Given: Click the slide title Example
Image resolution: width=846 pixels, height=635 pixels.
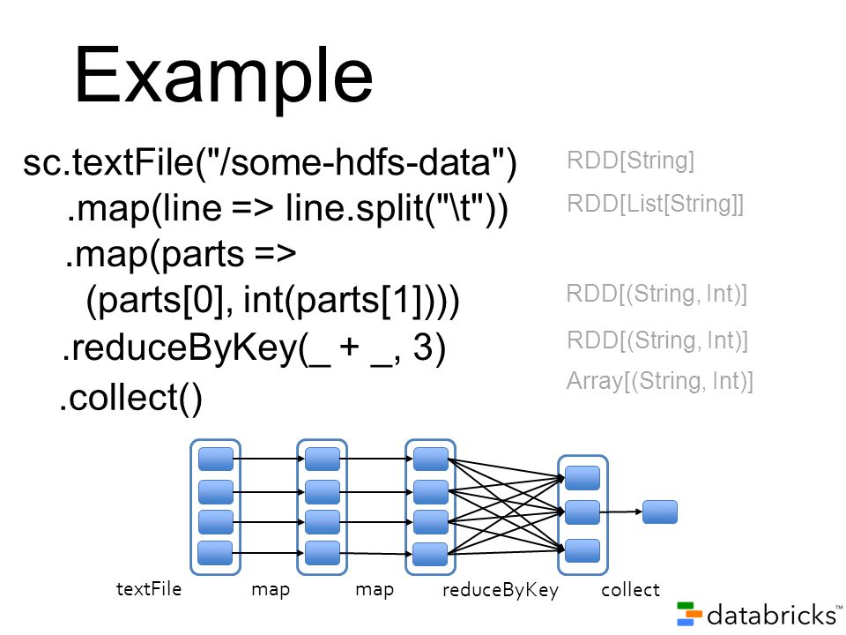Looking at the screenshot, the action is coord(223,77).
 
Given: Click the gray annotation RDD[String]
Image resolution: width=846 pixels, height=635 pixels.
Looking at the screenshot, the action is coord(631,161).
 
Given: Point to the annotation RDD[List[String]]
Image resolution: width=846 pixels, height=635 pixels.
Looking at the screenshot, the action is coord(656,204).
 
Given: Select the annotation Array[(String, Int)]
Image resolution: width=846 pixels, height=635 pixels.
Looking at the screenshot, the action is coord(660,381).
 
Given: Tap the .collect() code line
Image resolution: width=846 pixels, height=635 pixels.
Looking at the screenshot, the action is coord(130,398).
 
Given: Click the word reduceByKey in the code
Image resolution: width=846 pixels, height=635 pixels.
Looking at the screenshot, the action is coord(185,347).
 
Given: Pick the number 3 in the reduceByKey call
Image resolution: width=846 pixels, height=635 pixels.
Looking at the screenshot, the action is coord(422,347).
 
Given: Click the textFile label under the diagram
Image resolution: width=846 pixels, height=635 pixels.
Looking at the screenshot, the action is coord(149,588).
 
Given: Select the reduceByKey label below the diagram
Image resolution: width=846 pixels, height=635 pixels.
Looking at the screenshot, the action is coord(501,590).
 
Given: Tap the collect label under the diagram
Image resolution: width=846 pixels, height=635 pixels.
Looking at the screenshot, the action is coord(630,590).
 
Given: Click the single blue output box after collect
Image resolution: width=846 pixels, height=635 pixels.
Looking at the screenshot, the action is coord(660,512).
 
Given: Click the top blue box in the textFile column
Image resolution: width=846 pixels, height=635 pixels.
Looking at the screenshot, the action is coord(216,459).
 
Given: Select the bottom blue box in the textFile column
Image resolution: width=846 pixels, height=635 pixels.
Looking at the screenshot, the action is coord(215,553).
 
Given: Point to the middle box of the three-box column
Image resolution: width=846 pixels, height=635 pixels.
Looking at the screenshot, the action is coord(583,512).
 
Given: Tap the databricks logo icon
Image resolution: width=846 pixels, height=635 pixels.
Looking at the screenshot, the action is coord(689,614).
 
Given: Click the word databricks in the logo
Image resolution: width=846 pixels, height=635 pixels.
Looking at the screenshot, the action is coord(772,615).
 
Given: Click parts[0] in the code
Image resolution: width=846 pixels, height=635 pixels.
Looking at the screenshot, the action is coord(160,300).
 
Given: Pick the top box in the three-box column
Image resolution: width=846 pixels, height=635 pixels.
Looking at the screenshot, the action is coord(583,478).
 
